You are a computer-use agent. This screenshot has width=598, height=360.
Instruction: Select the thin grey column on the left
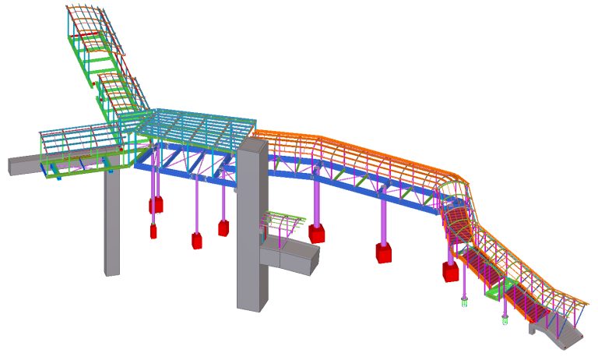(x=112, y=226)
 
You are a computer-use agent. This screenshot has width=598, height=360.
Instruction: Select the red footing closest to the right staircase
(x=451, y=271)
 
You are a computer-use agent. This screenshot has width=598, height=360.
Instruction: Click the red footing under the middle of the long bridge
(x=383, y=252)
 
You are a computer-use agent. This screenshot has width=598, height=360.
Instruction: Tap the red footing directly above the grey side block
(x=316, y=233)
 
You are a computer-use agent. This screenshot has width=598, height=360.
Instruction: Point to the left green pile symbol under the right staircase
(x=465, y=302)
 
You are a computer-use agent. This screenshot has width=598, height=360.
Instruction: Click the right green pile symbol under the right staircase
(x=505, y=319)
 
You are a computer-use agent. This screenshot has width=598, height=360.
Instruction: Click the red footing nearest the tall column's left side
(x=223, y=228)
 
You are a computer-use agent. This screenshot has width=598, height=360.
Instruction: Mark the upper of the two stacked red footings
(x=157, y=205)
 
